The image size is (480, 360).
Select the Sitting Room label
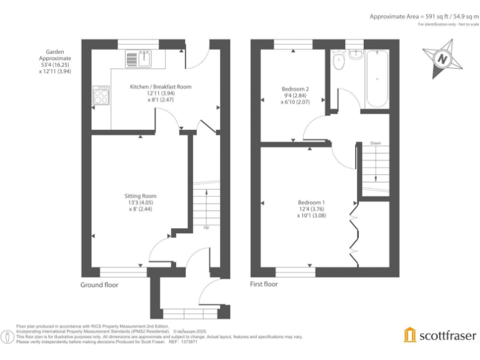pyautogui.click(x=140, y=196)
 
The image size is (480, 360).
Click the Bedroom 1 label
pyautogui.click(x=311, y=202)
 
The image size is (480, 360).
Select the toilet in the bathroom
pyautogui.click(x=338, y=61)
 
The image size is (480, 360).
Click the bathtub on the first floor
pyautogui.click(x=377, y=79)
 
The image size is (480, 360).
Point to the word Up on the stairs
pyautogui.click(x=206, y=227)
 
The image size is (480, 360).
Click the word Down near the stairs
pyautogui.click(x=376, y=143)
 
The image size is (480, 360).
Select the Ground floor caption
pyautogui.click(x=99, y=285)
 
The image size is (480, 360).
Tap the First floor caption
pyautogui.click(x=264, y=284)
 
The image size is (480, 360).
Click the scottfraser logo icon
pyautogui.click(x=409, y=335)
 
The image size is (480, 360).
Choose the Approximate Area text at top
pyautogui.click(x=422, y=16)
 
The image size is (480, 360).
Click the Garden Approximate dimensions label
pyautogui.click(x=55, y=61)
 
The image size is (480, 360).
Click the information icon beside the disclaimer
pyautogui.click(x=7, y=336)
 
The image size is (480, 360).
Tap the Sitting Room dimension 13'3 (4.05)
pyautogui.click(x=140, y=202)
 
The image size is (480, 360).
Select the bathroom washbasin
pyautogui.click(x=356, y=54)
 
